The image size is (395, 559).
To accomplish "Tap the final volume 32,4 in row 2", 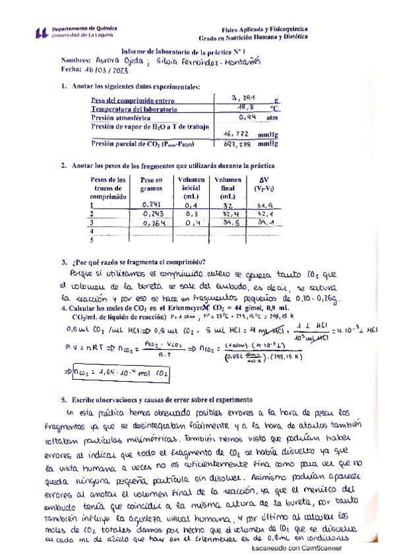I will click(231, 214).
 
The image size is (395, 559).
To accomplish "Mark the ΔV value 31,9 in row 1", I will click(264, 205).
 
